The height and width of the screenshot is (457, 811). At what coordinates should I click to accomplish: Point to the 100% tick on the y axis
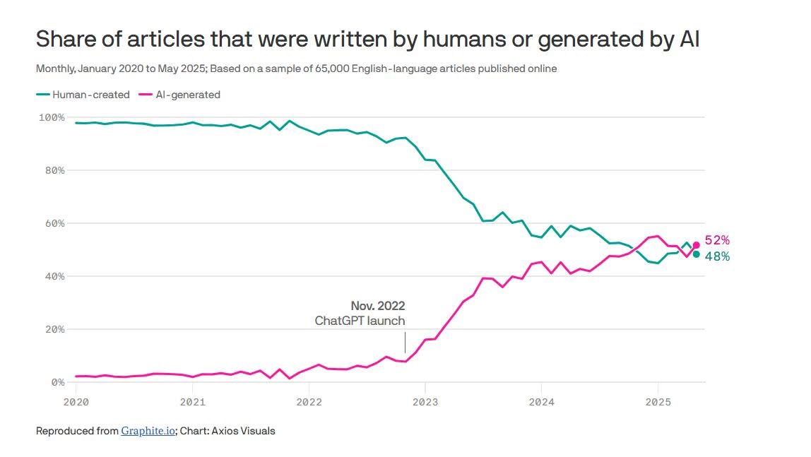point(51,117)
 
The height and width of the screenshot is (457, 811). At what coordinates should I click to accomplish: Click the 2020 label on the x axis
point(76,402)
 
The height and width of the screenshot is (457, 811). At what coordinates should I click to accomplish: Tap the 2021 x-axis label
point(192,402)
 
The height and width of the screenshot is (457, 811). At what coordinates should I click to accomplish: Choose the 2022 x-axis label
point(309,402)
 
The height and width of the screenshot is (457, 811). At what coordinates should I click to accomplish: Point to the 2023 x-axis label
point(425,402)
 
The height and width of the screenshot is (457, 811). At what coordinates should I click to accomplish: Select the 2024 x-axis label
point(541,402)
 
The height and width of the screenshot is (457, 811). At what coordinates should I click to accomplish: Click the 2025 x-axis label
point(658,402)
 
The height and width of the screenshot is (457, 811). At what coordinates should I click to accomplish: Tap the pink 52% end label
point(717,240)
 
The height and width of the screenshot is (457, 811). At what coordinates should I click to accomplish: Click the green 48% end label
point(717,256)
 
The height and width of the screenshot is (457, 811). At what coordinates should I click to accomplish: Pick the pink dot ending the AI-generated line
point(696,245)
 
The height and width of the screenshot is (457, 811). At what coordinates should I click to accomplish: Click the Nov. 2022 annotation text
point(378,306)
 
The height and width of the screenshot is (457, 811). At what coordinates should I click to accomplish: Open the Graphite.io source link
point(148,430)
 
